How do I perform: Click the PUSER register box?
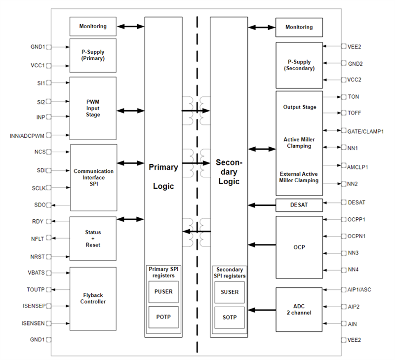click(x=163, y=292)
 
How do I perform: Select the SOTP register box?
click(x=230, y=317)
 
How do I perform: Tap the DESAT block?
click(x=299, y=204)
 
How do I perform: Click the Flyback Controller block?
click(x=93, y=299)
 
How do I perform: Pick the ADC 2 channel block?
click(x=299, y=310)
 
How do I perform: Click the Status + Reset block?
click(x=93, y=238)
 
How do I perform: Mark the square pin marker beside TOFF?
click(x=343, y=113)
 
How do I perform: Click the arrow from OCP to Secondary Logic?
click(x=262, y=244)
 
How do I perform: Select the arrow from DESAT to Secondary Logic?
click(x=262, y=204)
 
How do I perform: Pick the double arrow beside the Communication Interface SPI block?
click(x=131, y=163)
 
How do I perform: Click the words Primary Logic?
click(x=163, y=176)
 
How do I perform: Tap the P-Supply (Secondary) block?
click(x=299, y=65)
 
